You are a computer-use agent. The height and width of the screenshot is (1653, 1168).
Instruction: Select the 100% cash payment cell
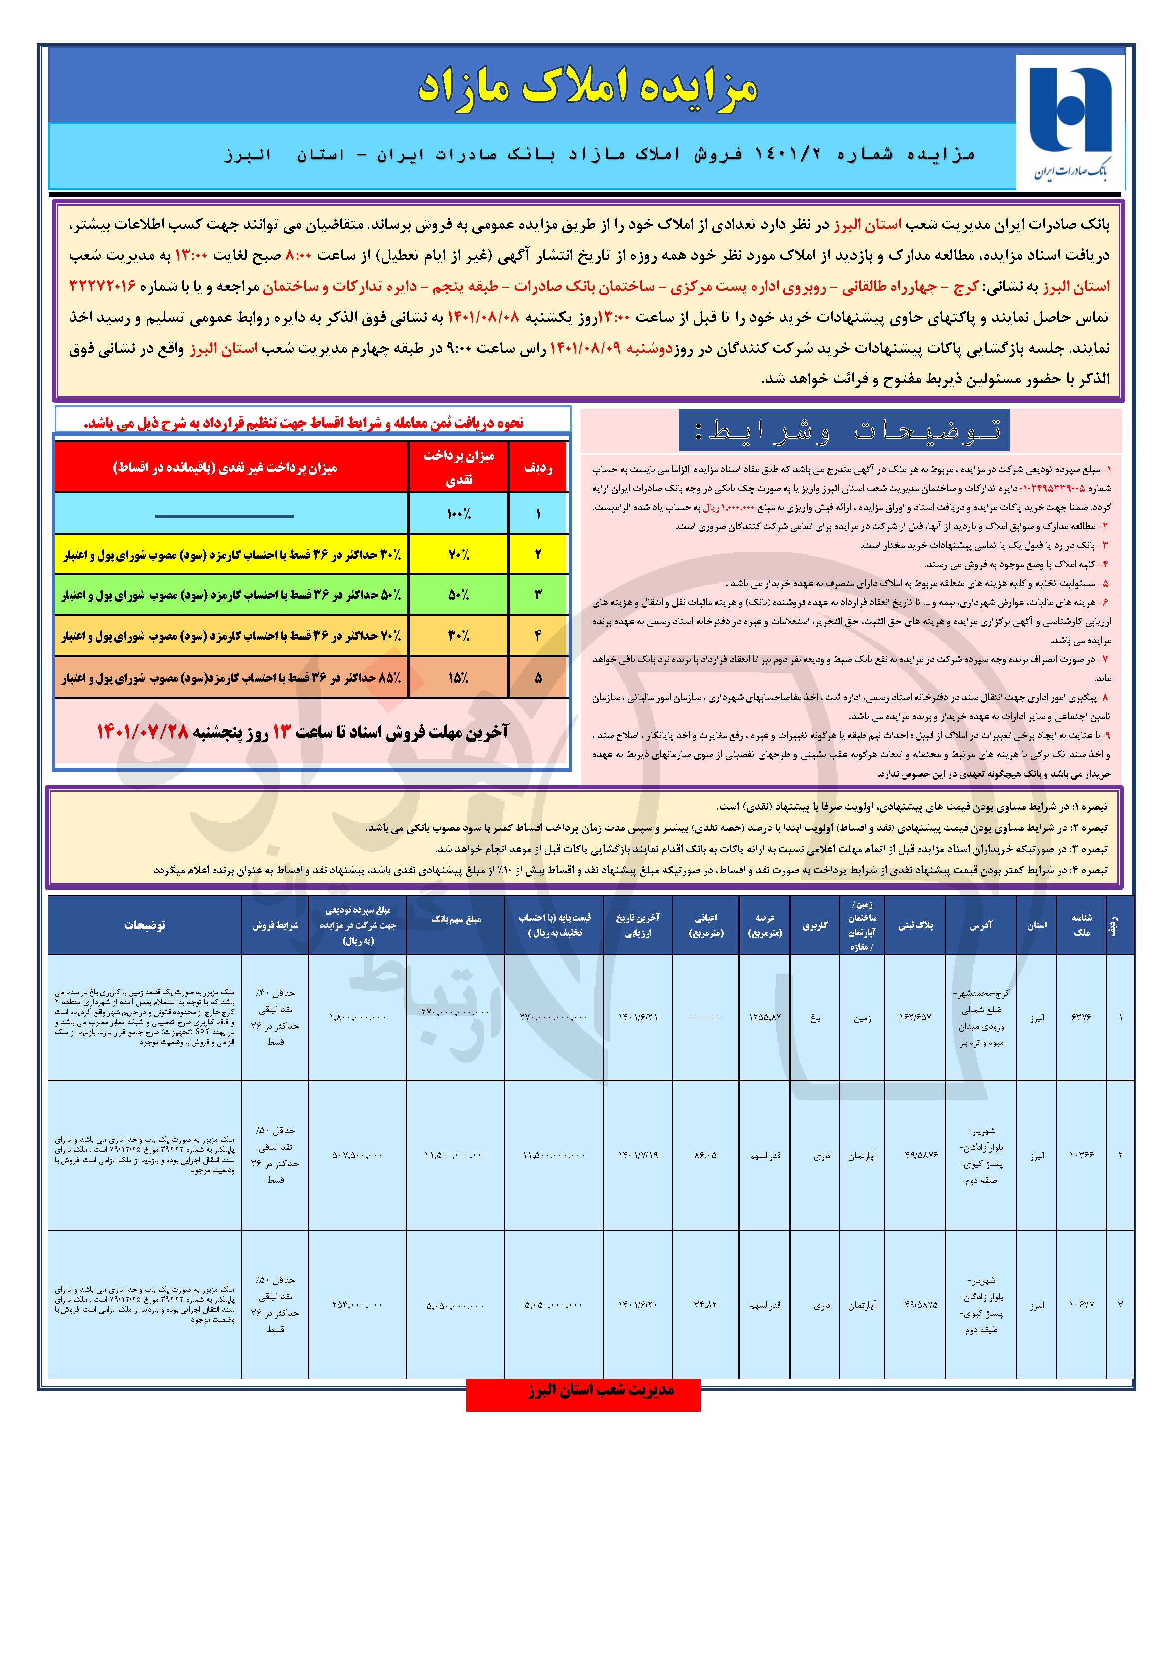coord(458,514)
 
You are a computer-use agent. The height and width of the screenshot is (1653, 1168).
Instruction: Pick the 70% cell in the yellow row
coord(458,554)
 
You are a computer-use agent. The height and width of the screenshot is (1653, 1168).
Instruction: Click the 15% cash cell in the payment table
coord(458,677)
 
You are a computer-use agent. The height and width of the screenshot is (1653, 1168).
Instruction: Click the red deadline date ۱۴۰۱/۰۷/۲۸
coord(142,732)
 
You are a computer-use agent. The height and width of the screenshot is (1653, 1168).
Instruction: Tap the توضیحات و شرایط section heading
coord(843,431)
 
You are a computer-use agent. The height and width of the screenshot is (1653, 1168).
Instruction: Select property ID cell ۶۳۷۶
coord(1082,1017)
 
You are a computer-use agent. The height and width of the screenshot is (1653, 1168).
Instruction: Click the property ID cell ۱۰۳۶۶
coord(1082,1155)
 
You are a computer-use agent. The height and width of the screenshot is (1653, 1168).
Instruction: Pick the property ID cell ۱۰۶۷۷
coord(1082,1304)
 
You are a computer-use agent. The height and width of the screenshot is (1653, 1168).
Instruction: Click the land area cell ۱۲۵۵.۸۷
coord(765,1017)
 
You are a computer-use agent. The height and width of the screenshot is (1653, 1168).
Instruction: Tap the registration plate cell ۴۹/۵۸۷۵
coord(915,1304)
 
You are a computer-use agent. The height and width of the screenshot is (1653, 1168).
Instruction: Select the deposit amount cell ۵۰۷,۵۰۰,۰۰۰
coord(357,1155)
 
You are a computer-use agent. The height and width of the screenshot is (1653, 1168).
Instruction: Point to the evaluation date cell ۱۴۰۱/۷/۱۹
coord(638,1155)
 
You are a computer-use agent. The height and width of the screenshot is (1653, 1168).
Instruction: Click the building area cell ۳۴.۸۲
coord(705,1304)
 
